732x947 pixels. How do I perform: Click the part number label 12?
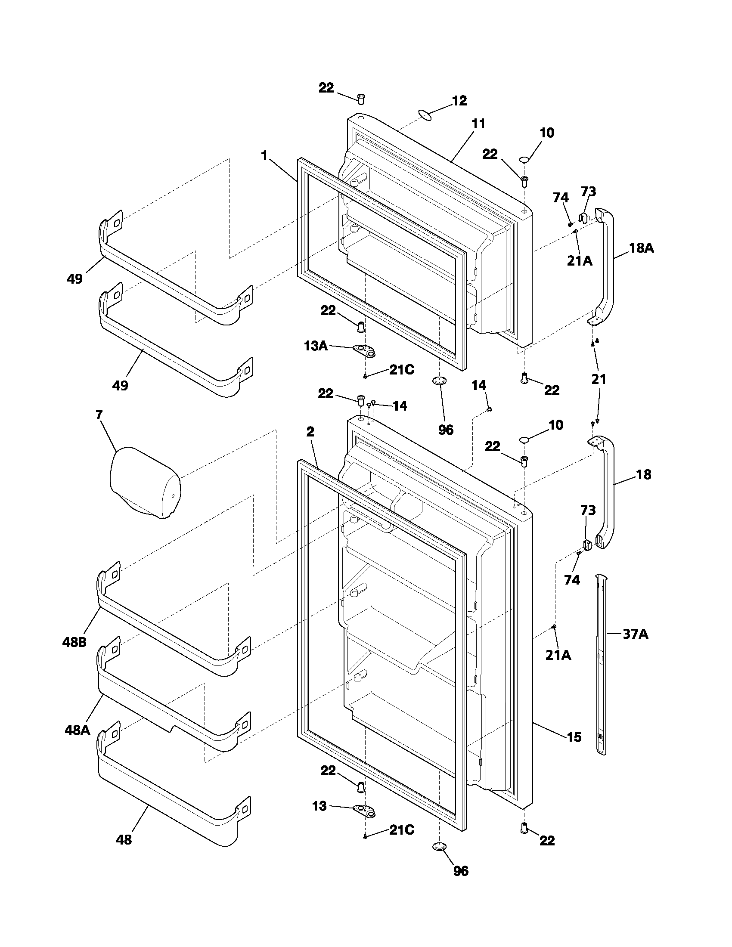click(x=459, y=101)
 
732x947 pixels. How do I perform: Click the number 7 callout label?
click(x=99, y=415)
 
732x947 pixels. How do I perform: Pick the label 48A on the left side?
click(x=77, y=730)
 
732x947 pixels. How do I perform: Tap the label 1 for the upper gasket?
click(x=264, y=156)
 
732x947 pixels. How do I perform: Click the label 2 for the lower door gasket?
click(x=310, y=431)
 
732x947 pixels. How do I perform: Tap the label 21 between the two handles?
click(x=599, y=379)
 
